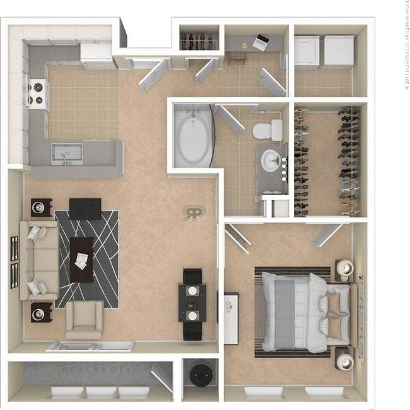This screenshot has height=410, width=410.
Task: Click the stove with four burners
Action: (x=37, y=93)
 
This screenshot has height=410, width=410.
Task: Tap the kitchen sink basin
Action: (x=67, y=152)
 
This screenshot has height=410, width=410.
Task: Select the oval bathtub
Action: (x=193, y=138)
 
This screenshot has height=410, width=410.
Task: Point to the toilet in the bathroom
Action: (x=268, y=131)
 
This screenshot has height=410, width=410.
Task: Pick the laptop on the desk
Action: (x=261, y=42)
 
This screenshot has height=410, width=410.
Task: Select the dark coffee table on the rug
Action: (x=81, y=258)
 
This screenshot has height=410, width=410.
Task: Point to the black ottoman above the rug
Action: (x=85, y=208)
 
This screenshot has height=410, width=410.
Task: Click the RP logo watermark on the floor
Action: (x=192, y=213)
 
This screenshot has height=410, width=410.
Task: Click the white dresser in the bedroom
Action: (x=231, y=318)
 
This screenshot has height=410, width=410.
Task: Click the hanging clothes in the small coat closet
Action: (x=199, y=40)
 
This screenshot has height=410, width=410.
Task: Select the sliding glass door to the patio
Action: (x=90, y=346)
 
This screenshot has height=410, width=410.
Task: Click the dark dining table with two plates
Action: (x=192, y=303)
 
